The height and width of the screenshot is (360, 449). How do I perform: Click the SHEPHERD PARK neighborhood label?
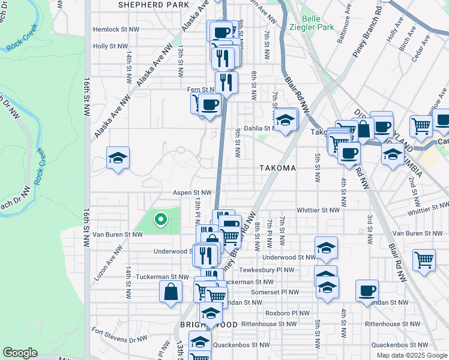153,4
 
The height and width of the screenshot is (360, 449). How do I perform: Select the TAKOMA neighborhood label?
277,169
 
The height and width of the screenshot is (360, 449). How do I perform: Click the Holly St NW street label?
110,46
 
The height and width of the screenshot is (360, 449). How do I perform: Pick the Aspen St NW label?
192,193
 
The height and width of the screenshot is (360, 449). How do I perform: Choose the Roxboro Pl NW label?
288,313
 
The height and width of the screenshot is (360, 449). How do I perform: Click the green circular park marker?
160,220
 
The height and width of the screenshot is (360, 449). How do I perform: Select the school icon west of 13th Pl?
118,158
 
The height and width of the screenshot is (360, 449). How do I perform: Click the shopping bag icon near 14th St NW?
171,293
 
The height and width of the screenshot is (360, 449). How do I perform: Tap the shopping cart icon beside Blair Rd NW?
424,260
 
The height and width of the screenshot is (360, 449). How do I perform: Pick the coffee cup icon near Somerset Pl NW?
367,291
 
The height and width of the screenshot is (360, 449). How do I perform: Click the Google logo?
20,353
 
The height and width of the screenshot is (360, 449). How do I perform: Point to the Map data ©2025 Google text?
411,355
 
